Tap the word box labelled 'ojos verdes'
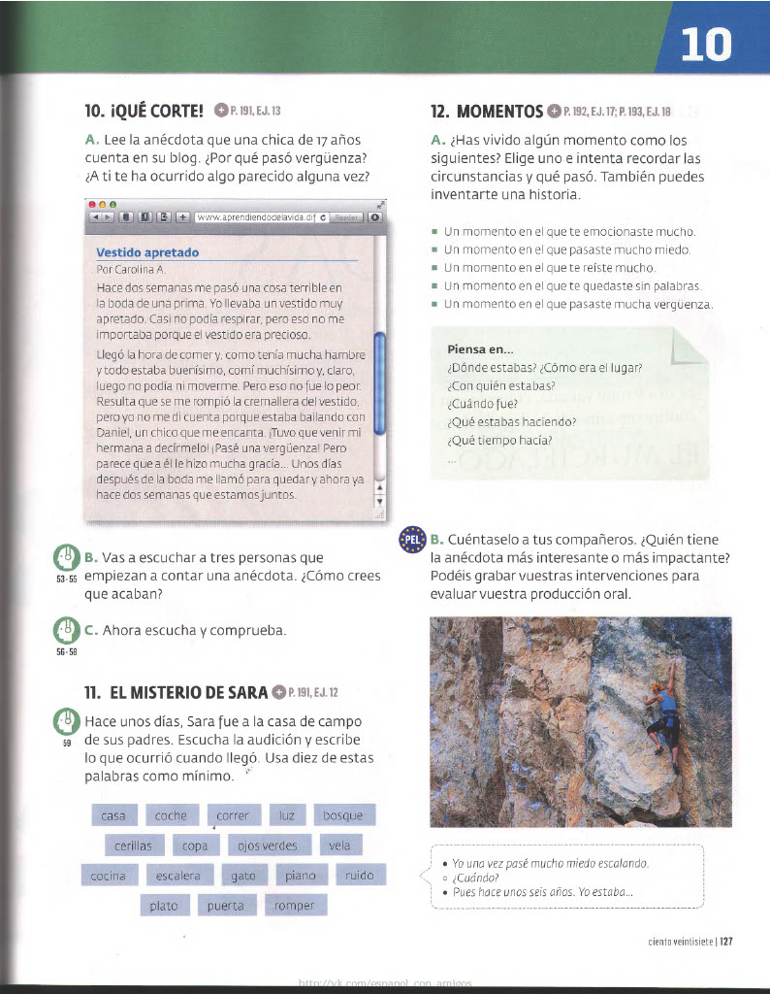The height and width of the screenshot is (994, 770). click(x=269, y=845)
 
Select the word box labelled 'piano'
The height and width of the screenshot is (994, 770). click(x=301, y=876)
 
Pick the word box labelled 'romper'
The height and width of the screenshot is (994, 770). click(x=294, y=906)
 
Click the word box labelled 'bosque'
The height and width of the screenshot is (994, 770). click(x=342, y=815)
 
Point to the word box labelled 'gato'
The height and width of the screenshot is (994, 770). click(x=242, y=876)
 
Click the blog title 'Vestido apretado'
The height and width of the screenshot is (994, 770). click(x=147, y=252)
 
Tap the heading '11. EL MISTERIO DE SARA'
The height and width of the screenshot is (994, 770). click(x=175, y=692)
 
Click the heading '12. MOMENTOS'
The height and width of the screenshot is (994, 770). click(x=486, y=111)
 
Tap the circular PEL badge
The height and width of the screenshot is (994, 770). click(x=412, y=540)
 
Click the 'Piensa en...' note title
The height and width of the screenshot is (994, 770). click(x=480, y=349)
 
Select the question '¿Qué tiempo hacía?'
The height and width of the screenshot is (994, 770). click(x=499, y=439)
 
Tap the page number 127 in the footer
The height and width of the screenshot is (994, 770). click(x=724, y=940)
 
